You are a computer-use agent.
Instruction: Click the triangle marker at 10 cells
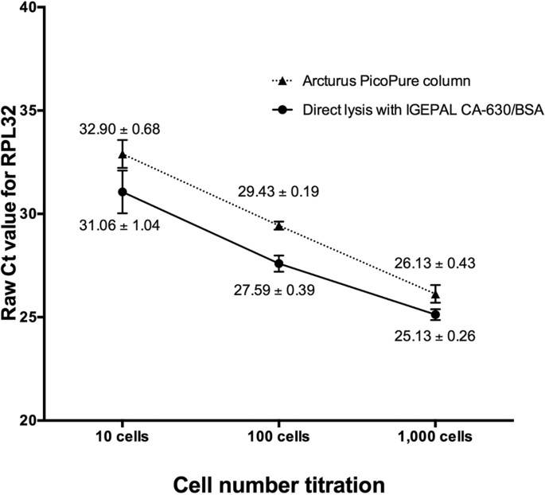pos(123,154)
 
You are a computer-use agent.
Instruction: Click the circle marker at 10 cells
pos(123,192)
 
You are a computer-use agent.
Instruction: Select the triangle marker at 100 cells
pos(278,225)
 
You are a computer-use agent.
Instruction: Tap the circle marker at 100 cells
pos(278,263)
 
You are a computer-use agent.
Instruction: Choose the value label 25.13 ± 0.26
pos(435,337)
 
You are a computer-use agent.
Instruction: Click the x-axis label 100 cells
pos(278,437)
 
